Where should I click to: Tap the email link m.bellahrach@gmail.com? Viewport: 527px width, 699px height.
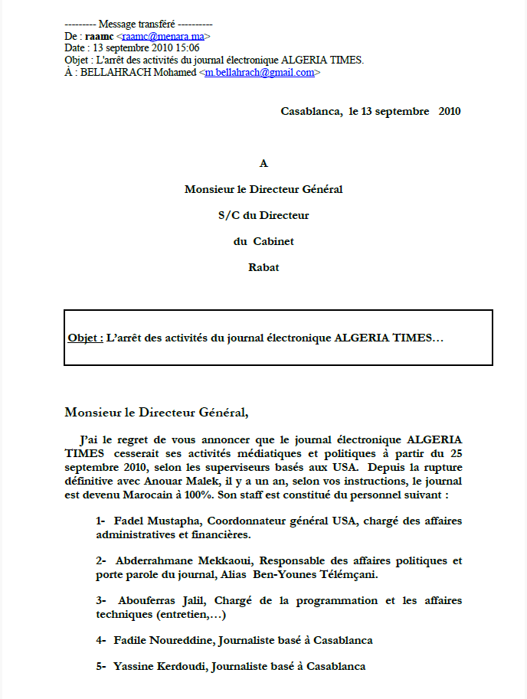point(260,73)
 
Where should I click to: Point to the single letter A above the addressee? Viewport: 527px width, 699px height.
point(263,163)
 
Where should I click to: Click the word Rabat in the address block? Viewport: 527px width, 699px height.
point(263,268)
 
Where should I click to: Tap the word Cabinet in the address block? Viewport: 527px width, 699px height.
point(274,242)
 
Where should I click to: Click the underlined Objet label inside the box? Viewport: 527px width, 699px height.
point(85,338)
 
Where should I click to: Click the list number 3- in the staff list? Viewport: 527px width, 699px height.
point(101,600)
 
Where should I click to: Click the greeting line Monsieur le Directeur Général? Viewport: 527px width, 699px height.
point(156,412)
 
